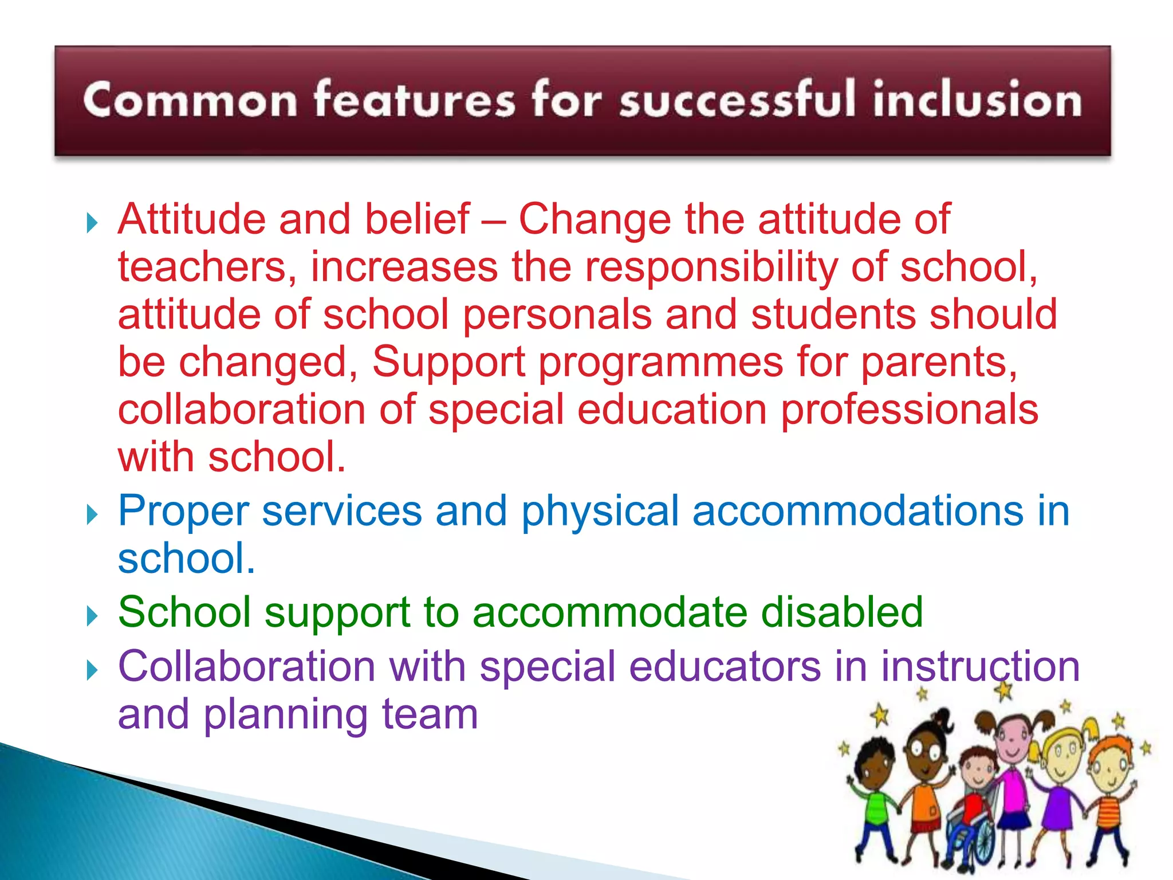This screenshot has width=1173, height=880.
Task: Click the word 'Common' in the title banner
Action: pyautogui.click(x=190, y=100)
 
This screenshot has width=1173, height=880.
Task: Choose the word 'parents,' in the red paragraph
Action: pyautogui.click(x=939, y=363)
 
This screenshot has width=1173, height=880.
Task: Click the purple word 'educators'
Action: pyautogui.click(x=725, y=666)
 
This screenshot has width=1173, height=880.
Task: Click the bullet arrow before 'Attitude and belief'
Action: pyautogui.click(x=92, y=222)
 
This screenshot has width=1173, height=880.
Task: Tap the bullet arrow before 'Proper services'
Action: pyautogui.click(x=92, y=514)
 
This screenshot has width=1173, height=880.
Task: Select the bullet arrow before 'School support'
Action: pyautogui.click(x=92, y=616)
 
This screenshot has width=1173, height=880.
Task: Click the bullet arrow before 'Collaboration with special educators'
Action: pyautogui.click(x=92, y=670)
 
